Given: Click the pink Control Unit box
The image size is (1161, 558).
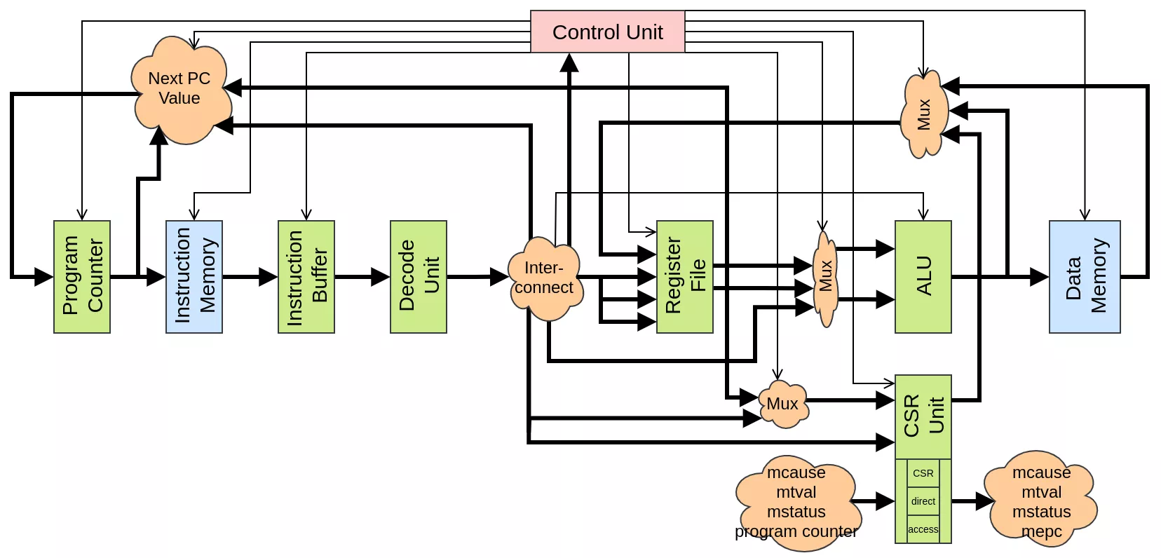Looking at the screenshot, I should pyautogui.click(x=607, y=32).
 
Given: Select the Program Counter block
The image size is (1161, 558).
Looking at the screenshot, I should pyautogui.click(x=82, y=276).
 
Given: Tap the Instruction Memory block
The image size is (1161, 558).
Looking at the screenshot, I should pyautogui.click(x=194, y=276).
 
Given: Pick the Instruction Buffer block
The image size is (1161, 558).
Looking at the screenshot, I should pyautogui.click(x=306, y=276).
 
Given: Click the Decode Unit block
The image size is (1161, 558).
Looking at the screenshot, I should pyautogui.click(x=419, y=276).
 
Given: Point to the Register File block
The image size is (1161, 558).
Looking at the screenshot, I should pyautogui.click(x=685, y=276).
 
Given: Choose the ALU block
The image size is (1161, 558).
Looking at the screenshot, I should pyautogui.click(x=923, y=276).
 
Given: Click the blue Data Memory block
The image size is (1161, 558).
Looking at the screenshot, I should pyautogui.click(x=1085, y=276).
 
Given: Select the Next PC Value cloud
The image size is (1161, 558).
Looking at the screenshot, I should pyautogui.click(x=180, y=89).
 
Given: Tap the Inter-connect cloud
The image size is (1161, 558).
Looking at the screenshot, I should pyautogui.click(x=545, y=278).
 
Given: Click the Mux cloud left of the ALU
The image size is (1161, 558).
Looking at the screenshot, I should pyautogui.click(x=825, y=278).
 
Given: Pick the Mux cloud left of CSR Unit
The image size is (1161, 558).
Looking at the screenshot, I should pyautogui.click(x=782, y=404).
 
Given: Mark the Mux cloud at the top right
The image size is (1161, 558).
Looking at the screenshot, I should pyautogui.click(x=924, y=114).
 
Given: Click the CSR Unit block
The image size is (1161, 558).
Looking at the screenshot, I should pyautogui.click(x=923, y=416).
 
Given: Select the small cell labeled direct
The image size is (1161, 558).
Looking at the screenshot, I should pyautogui.click(x=923, y=501).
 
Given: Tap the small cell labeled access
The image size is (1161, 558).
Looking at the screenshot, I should pyautogui.click(x=923, y=529).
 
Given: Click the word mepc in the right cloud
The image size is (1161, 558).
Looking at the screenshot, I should pyautogui.click(x=1042, y=532).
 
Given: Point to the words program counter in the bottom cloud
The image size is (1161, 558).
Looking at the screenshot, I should pyautogui.click(x=796, y=532).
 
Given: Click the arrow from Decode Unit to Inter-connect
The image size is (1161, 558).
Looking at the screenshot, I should pyautogui.click(x=477, y=277).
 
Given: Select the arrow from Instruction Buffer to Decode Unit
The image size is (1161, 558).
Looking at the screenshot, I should pyautogui.click(x=362, y=277).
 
